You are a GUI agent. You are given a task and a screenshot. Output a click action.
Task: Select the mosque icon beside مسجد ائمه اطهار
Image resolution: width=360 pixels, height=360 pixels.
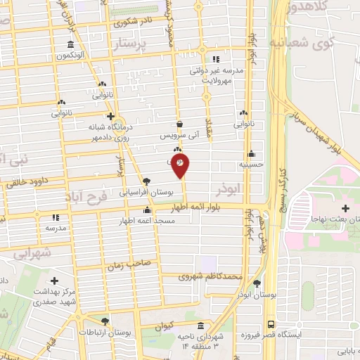click(x=146, y=209)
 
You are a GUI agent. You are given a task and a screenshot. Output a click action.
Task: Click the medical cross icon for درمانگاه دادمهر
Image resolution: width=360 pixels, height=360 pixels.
click(x=110, y=117)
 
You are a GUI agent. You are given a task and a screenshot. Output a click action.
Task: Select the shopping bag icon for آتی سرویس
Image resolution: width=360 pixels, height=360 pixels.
click(x=179, y=124)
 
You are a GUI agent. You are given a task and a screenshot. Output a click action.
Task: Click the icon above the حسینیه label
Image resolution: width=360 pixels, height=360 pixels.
click(x=252, y=154)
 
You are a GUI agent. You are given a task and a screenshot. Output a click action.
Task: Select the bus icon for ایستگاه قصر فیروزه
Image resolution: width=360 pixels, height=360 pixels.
click(x=271, y=325)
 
